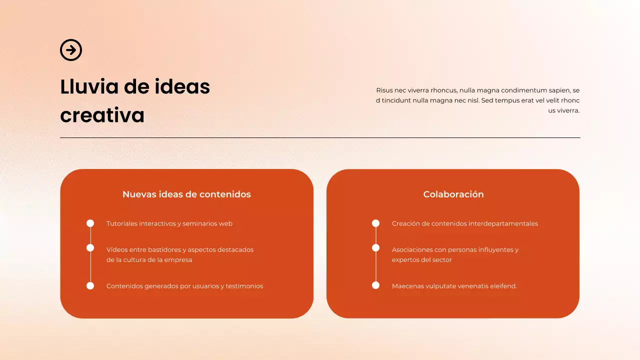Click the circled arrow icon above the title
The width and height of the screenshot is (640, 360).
71,50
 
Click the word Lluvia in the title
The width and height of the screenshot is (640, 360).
89,86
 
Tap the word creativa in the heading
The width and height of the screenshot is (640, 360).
102,115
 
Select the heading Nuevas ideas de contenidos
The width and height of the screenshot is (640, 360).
186,194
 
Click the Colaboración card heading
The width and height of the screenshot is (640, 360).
453,194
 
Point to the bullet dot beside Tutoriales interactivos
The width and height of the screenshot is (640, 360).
90,223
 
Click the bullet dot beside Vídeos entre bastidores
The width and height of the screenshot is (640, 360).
90,248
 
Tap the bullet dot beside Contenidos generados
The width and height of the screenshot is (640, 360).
90,286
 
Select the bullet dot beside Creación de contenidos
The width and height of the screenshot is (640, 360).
376,223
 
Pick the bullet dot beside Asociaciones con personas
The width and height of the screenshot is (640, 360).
376,248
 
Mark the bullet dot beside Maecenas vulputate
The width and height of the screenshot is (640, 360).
376,285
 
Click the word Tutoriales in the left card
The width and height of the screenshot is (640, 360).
121,223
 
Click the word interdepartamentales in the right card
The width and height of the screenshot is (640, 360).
503,223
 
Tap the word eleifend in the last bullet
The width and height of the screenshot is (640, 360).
502,286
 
